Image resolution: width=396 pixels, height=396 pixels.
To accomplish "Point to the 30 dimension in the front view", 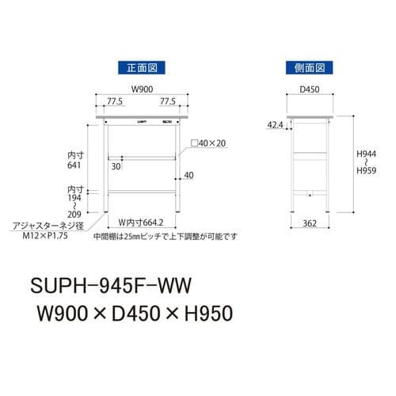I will pyautogui.click(x=116, y=166).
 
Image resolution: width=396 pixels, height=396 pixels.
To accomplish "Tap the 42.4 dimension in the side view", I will pyautogui.click(x=273, y=124).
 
